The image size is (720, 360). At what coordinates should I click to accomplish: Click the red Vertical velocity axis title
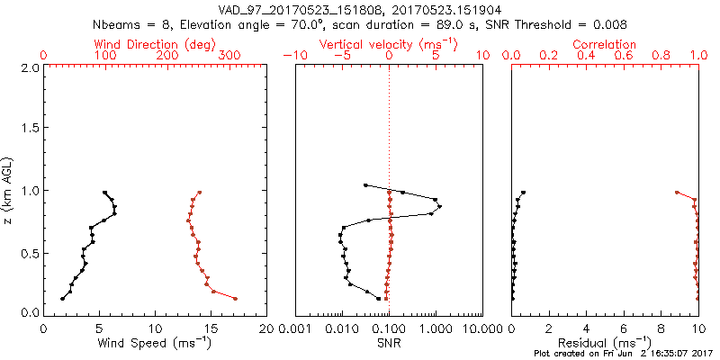coord(389,44)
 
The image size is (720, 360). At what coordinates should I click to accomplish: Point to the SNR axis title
coord(389,343)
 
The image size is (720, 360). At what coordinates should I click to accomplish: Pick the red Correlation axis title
coord(605,44)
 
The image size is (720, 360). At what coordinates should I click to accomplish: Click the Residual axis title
coord(605,343)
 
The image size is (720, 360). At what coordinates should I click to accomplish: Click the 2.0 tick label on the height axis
coord(29,68)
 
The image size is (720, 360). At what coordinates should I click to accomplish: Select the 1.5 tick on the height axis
coord(29,130)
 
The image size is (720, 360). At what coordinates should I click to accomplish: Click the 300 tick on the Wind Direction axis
coord(229,56)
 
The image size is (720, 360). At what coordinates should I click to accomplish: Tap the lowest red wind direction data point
coord(235,299)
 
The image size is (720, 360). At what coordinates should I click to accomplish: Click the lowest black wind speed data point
coord(62,299)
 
